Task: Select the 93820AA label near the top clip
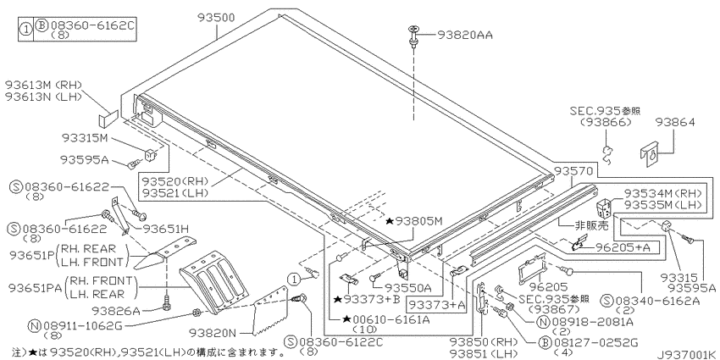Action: click(x=465, y=35)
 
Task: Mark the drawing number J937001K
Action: click(x=682, y=351)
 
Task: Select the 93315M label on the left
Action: click(x=85, y=137)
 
